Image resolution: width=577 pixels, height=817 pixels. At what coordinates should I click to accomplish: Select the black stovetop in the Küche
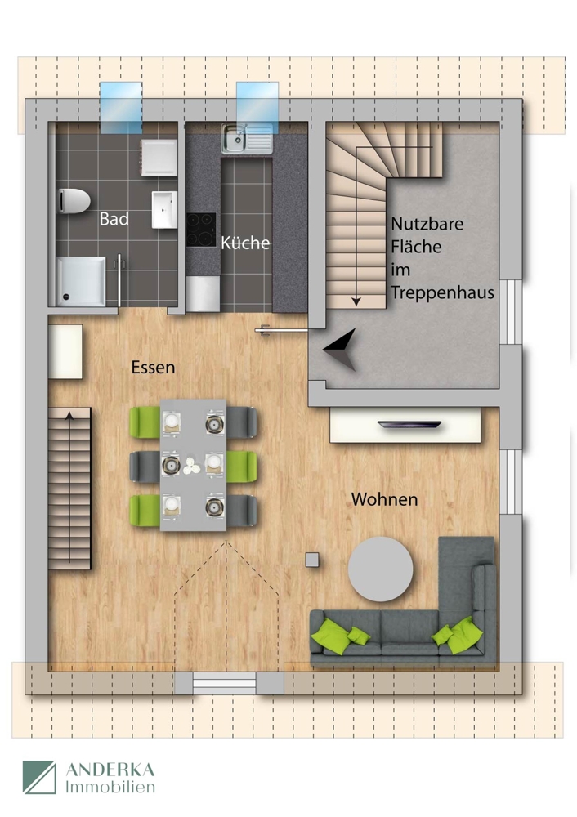pyautogui.click(x=201, y=229)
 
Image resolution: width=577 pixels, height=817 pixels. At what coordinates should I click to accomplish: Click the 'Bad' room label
pyautogui.click(x=114, y=219)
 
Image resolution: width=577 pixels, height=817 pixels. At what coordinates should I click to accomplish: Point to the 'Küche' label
pyautogui.click(x=244, y=243)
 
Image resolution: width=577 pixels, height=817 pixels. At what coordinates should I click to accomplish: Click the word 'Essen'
pyautogui.click(x=153, y=368)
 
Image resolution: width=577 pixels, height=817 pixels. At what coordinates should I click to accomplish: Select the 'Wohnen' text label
pyautogui.click(x=384, y=498)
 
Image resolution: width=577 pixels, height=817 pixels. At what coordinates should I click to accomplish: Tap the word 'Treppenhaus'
pyautogui.click(x=442, y=292)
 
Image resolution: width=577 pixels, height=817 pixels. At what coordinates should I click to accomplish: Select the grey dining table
pyautogui.click(x=193, y=464)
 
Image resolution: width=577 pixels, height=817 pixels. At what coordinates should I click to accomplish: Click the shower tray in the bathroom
pyautogui.click(x=81, y=280)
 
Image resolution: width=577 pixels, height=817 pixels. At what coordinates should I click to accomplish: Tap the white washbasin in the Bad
pyautogui.click(x=164, y=209)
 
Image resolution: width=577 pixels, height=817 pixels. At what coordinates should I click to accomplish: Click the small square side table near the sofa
pyautogui.click(x=311, y=559)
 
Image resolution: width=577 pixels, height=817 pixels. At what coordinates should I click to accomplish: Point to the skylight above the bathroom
pyautogui.click(x=119, y=107)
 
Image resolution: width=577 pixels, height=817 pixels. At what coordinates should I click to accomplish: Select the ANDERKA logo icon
pyautogui.click(x=39, y=777)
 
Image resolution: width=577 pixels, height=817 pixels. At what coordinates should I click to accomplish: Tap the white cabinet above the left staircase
pyautogui.click(x=65, y=351)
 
